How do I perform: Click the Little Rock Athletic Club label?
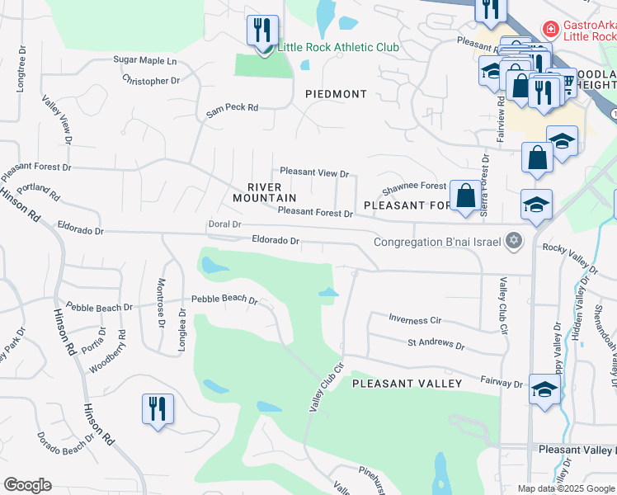point(338,47)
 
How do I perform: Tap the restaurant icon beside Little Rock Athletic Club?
point(262,31)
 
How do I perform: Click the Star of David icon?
point(514,241)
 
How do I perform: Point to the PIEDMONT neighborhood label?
point(336,94)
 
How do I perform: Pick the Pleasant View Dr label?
point(314,172)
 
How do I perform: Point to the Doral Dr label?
point(224,224)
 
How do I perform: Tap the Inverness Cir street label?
point(414,320)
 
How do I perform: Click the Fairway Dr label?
point(502,384)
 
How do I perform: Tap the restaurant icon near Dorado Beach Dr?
point(157,408)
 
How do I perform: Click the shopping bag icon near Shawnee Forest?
point(465,196)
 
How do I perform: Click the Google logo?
point(27,485)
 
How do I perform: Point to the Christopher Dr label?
point(151,81)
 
